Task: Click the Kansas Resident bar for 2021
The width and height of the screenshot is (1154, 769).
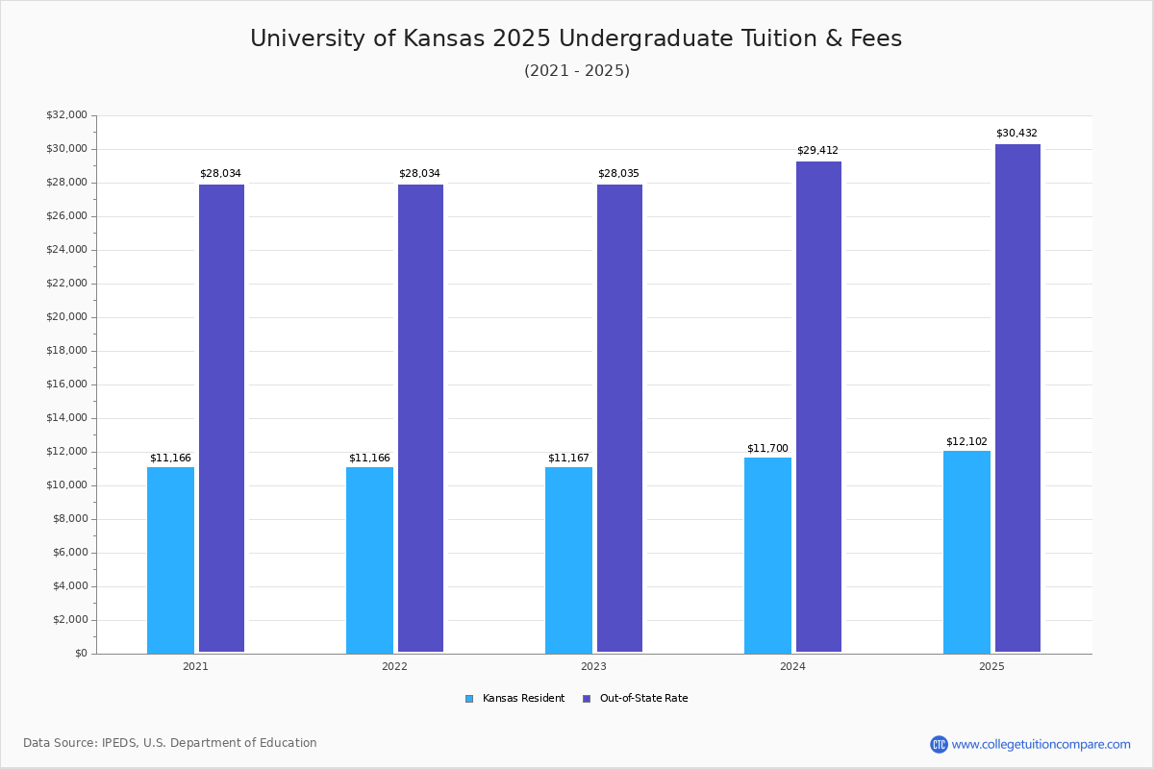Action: pyautogui.click(x=170, y=559)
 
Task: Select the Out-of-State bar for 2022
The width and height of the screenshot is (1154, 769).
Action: pyautogui.click(x=420, y=418)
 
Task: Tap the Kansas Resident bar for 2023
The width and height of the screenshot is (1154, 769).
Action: pyautogui.click(x=568, y=559)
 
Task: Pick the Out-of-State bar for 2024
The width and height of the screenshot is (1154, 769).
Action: pyautogui.click(x=818, y=407)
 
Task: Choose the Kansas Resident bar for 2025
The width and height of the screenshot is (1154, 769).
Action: pyautogui.click(x=966, y=552)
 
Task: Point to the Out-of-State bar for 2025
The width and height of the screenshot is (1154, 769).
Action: pyautogui.click(x=1017, y=398)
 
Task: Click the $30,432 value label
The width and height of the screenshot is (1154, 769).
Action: pyautogui.click(x=1016, y=134)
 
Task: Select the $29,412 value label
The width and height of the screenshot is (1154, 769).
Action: pyautogui.click(x=817, y=151)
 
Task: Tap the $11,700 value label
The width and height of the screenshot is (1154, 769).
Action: pyautogui.click(x=767, y=449)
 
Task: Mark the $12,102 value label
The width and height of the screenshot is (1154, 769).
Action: pyautogui.click(x=966, y=442)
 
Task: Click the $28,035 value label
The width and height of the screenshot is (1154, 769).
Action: pyautogui.click(x=618, y=174)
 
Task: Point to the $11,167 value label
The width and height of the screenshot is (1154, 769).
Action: pyautogui.click(x=568, y=459)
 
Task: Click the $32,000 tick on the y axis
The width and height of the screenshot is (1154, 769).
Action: pyautogui.click(x=66, y=115)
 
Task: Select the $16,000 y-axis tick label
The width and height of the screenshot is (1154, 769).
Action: pyautogui.click(x=66, y=384)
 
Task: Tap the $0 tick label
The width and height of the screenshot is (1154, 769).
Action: pyautogui.click(x=80, y=654)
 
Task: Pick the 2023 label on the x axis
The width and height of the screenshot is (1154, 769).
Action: pyautogui.click(x=593, y=666)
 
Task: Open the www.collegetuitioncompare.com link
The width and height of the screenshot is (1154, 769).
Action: pyautogui.click(x=1041, y=744)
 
